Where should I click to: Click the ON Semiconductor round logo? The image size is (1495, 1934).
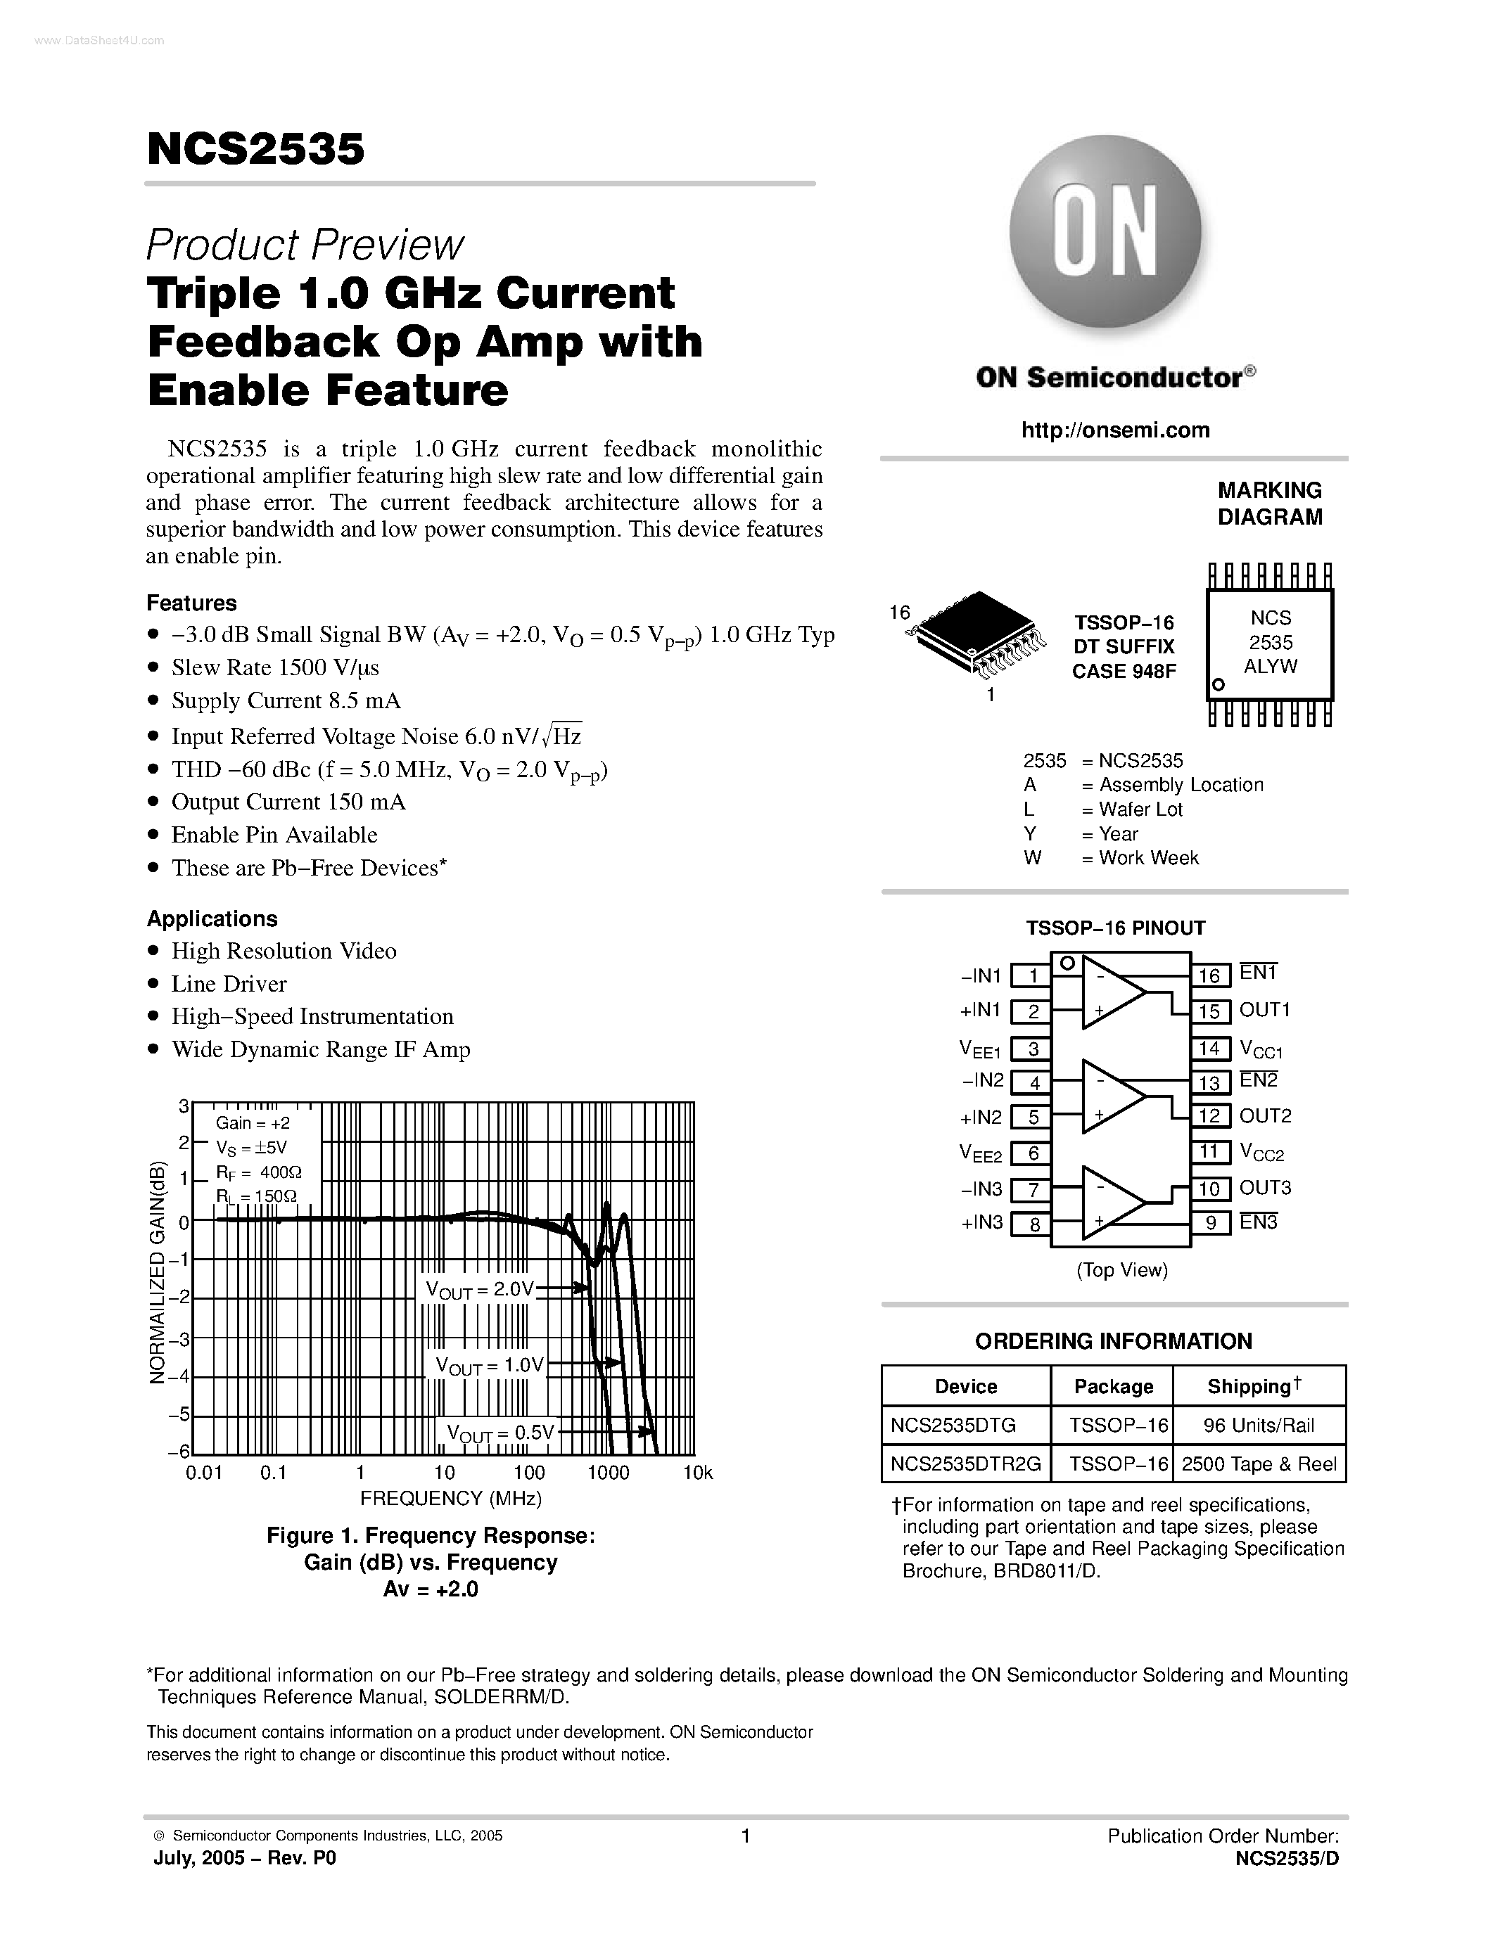1105,232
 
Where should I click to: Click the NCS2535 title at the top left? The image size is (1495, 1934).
255,149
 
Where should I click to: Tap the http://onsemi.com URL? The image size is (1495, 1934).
1115,430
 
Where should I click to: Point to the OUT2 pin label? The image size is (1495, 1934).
1265,1116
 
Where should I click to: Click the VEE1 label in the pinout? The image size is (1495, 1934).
979,1049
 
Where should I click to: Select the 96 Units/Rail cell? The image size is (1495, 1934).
1259,1425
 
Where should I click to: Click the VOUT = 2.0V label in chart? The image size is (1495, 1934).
479,1289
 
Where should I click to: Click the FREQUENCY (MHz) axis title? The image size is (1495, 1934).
451,1498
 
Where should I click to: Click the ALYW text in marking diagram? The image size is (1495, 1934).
1270,666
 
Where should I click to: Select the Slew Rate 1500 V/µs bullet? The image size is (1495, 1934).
274,667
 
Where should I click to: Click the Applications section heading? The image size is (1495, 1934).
212,918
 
